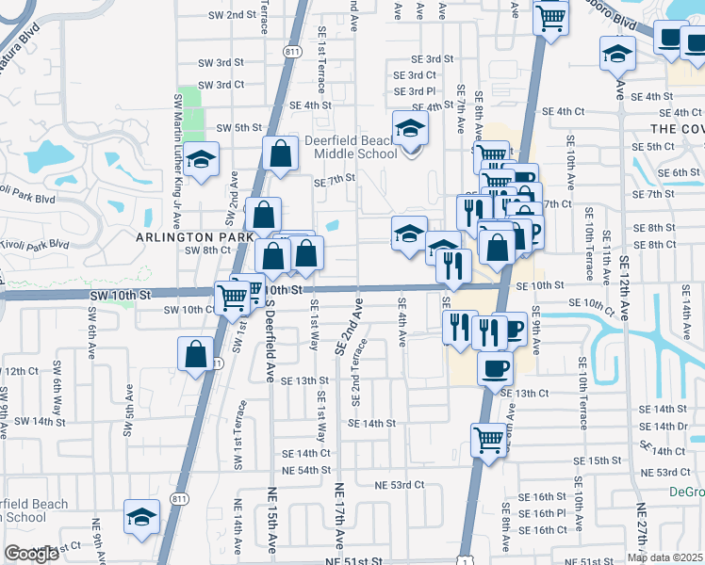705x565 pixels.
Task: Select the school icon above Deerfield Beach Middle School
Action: pyautogui.click(x=410, y=127)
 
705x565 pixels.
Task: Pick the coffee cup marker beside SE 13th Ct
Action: pyautogui.click(x=495, y=368)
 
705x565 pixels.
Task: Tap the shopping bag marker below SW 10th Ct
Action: pyautogui.click(x=195, y=354)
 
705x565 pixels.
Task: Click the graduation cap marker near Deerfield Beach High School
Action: pyautogui.click(x=141, y=517)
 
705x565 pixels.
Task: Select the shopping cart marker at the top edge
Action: pyautogui.click(x=550, y=16)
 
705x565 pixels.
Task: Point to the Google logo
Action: pyautogui.click(x=31, y=555)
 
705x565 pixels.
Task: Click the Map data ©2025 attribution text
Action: pyautogui.click(x=664, y=557)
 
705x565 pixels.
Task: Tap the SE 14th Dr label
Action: pyautogui.click(x=663, y=426)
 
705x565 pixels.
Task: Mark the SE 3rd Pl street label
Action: pyautogui.click(x=416, y=91)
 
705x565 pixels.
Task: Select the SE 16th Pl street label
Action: pyautogui.click(x=548, y=513)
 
